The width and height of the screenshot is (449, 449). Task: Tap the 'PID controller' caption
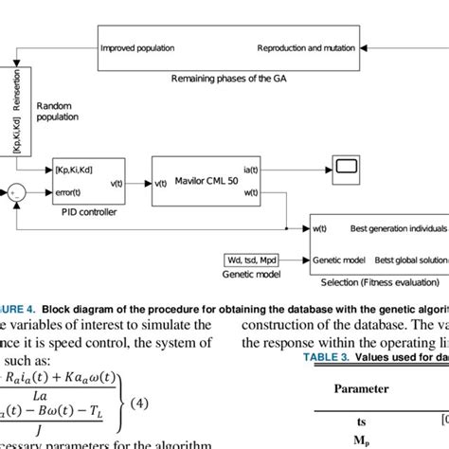tap(88, 212)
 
